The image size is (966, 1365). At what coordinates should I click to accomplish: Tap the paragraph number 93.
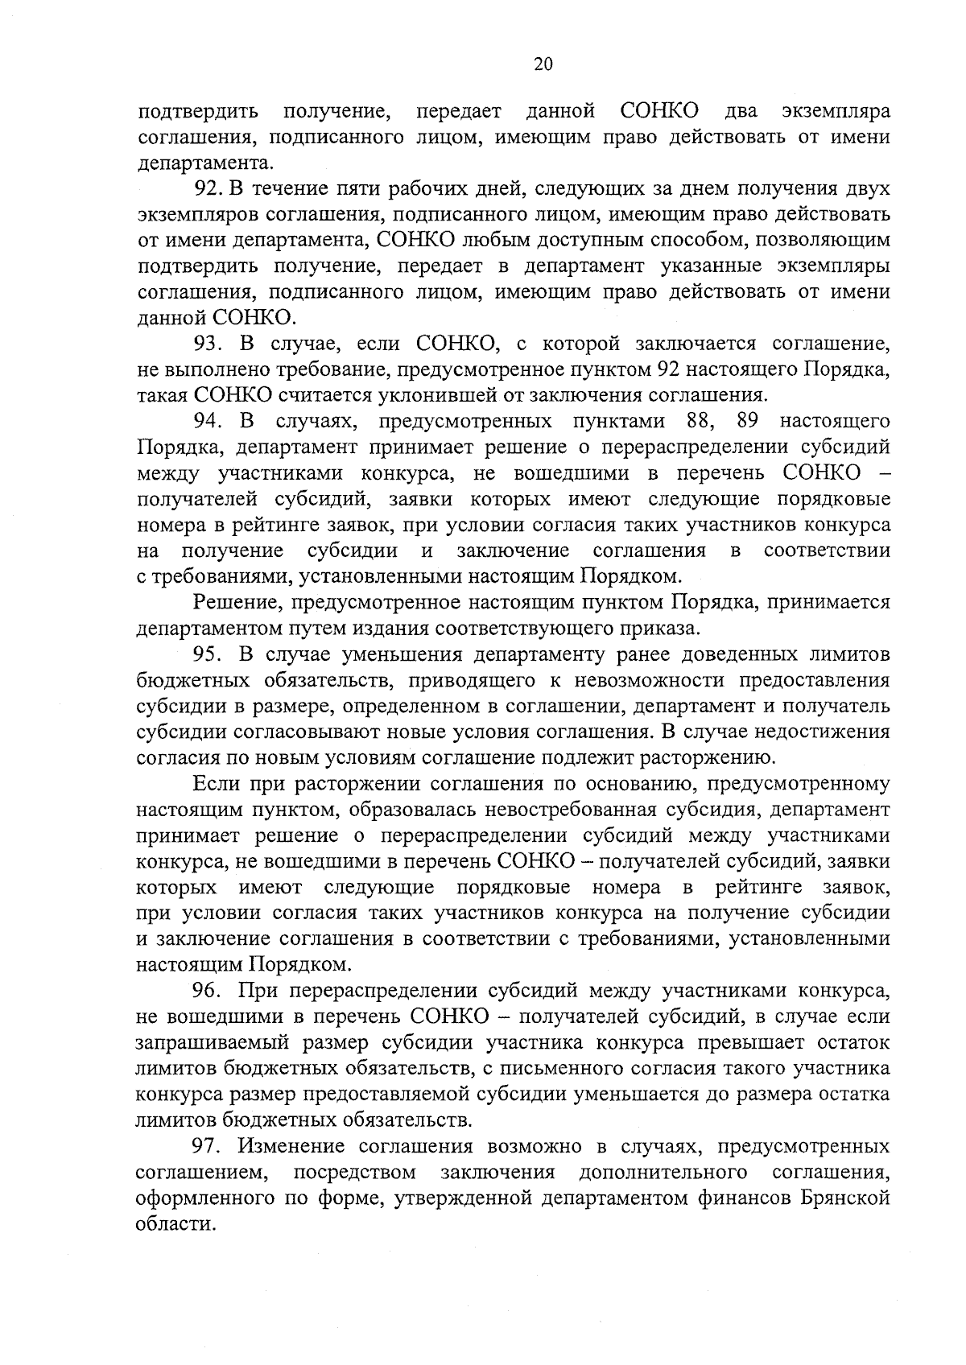pos(208,344)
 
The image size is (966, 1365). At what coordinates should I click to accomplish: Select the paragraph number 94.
pos(208,421)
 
